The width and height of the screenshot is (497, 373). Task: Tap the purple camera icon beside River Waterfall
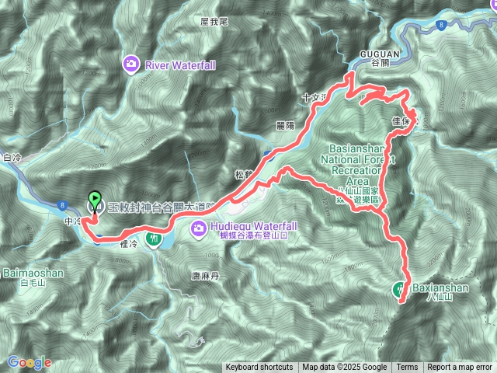click(133, 64)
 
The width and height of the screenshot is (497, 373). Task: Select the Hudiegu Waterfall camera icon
click(199, 228)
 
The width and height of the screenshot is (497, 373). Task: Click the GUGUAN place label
click(380, 54)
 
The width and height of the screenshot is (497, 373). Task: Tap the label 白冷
click(12, 158)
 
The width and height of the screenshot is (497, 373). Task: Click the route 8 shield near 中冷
click(61, 205)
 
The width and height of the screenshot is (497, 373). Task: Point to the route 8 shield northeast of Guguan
click(440, 25)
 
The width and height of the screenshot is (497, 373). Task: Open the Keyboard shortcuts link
click(259, 368)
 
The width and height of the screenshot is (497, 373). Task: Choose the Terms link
click(407, 368)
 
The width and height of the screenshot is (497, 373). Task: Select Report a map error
click(460, 368)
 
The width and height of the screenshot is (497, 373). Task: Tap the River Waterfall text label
click(180, 65)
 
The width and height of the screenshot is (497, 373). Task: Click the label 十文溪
click(311, 98)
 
